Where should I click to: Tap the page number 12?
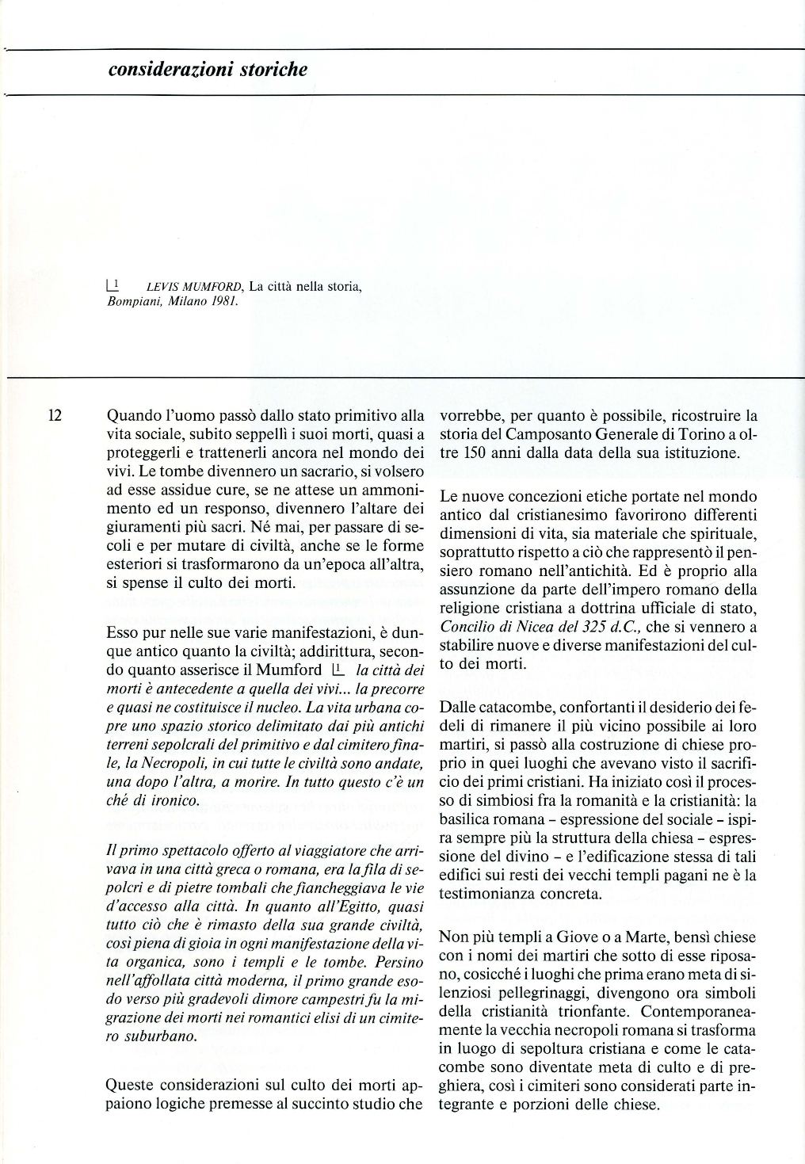pos(55,414)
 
